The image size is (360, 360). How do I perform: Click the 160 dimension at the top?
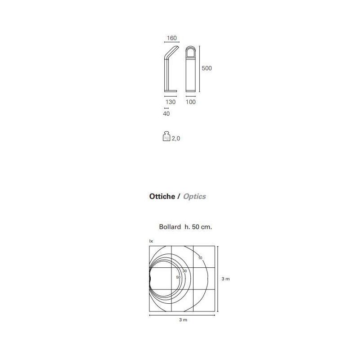pos(171,38)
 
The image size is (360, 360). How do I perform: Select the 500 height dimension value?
pos(207,68)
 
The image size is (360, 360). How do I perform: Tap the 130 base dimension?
pos(171,102)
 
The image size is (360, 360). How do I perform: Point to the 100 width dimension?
pos(191,102)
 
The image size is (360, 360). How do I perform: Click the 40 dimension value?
pos(166,114)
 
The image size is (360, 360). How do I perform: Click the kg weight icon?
pos(166,137)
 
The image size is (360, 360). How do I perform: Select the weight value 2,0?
pos(176,139)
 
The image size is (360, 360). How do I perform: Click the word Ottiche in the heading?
pos(162,197)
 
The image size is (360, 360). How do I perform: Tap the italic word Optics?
pos(194,197)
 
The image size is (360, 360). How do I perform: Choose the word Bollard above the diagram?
pos(169,227)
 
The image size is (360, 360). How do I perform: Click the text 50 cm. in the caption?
pos(201,227)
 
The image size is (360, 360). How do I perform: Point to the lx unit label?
pos(151,242)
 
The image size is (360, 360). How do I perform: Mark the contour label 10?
pos(200,258)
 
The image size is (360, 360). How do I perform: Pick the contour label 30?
pos(184,271)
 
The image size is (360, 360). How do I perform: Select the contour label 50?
pos(178,277)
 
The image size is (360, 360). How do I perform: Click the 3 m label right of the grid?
pos(226,279)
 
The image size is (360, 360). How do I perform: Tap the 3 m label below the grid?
pos(183,319)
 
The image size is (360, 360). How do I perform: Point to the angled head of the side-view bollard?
pos(173,51)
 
